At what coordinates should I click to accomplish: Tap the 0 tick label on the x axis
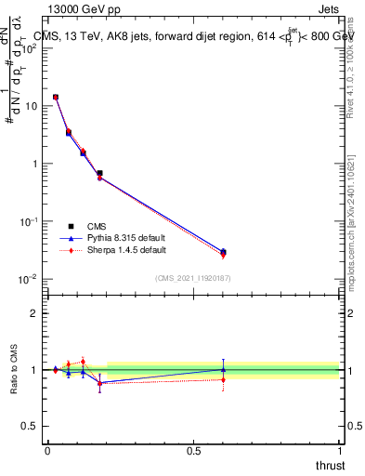click(x=46, y=450)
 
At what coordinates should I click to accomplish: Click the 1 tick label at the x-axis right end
click(x=340, y=450)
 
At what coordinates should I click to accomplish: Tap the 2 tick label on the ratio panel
click(x=34, y=313)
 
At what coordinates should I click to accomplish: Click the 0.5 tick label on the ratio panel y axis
click(x=30, y=427)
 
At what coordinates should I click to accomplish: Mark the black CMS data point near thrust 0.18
click(x=99, y=173)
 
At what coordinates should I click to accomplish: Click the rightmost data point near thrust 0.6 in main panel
click(x=223, y=252)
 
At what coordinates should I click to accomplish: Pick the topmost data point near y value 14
click(x=56, y=97)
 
